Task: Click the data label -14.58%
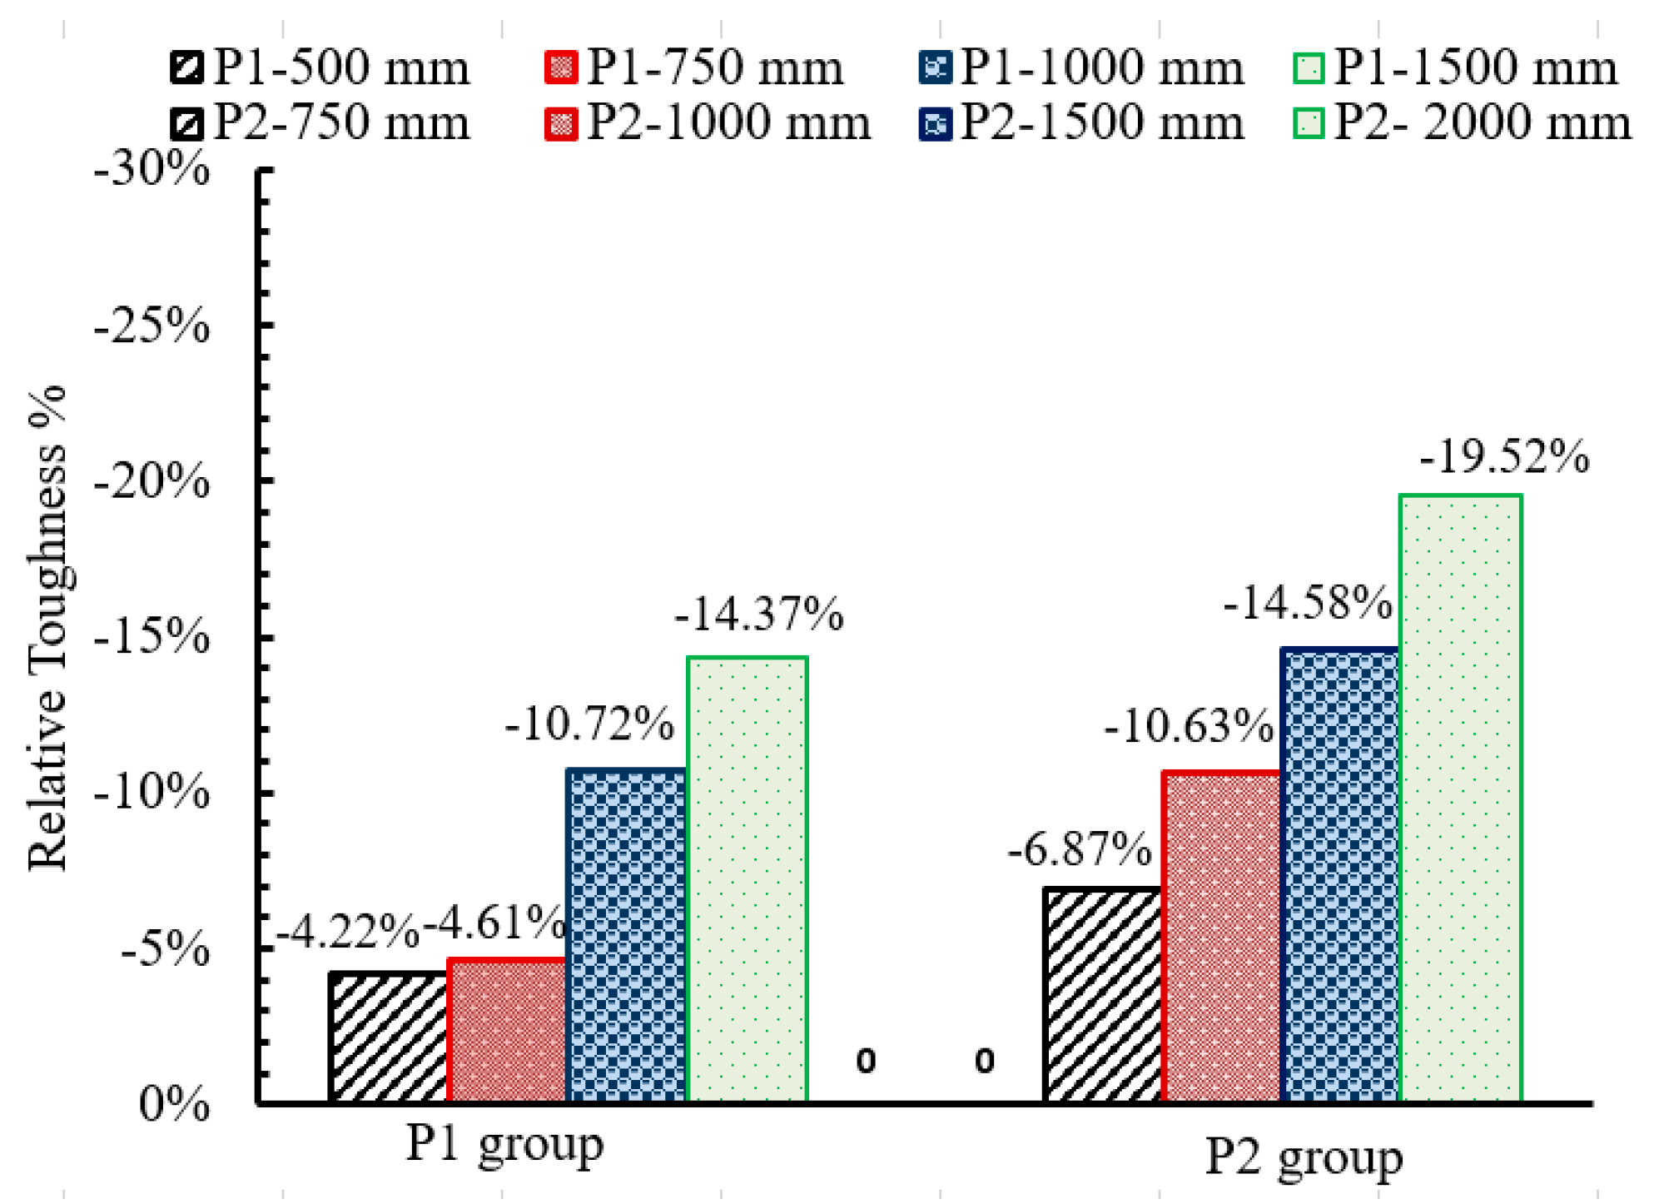(x=1307, y=602)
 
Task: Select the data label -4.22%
(x=347, y=931)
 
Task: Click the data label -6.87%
(x=1080, y=849)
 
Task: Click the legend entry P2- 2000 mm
(x=1462, y=123)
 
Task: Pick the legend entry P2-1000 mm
(x=708, y=123)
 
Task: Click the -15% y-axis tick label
(x=151, y=637)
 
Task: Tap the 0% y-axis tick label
(x=173, y=1104)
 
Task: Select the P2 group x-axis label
(x=1304, y=1157)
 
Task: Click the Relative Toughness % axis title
(x=47, y=629)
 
